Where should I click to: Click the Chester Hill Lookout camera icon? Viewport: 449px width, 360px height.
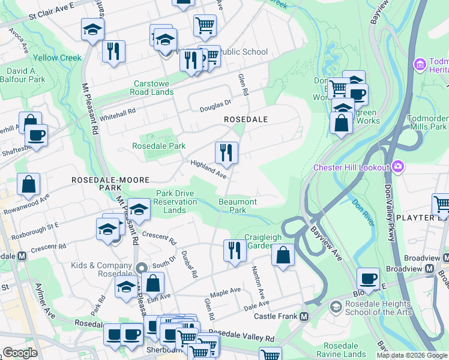click(397, 166)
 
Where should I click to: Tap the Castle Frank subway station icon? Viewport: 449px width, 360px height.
click(304, 316)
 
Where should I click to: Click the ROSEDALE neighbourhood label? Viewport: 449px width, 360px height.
click(246, 119)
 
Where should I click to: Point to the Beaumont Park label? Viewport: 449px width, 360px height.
click(238, 206)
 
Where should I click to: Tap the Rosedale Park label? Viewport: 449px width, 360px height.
click(159, 146)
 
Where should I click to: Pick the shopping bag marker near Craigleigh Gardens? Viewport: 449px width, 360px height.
click(283, 254)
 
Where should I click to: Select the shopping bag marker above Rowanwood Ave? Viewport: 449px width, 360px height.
click(29, 184)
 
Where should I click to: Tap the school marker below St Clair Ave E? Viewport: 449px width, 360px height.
click(92, 29)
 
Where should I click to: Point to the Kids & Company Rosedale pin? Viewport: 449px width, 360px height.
click(142, 268)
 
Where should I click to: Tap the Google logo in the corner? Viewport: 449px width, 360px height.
click(20, 353)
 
